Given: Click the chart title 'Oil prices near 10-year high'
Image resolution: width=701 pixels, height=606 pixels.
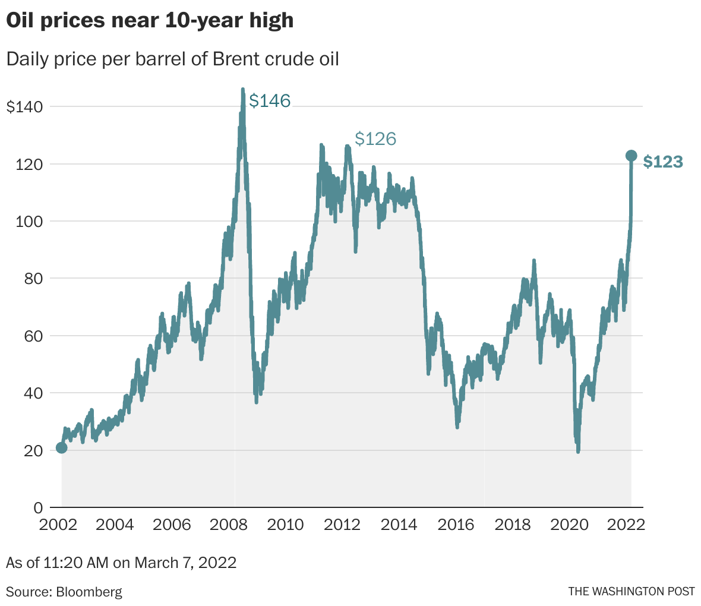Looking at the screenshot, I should coord(150,21).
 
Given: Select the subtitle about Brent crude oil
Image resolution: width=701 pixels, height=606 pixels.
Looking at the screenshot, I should coord(172,59).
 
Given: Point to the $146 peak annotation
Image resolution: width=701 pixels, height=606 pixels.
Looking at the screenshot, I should coord(270,101).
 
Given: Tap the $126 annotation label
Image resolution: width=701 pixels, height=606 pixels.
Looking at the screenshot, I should coord(375,139).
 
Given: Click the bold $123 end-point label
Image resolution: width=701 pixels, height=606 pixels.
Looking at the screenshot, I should coord(663,162).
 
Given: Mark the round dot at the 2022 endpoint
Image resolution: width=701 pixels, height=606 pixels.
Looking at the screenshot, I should coord(631,156).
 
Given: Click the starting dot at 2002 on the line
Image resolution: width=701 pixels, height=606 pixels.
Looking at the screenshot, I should coord(61,447).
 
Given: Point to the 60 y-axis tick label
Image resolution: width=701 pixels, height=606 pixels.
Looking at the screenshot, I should coord(34,336).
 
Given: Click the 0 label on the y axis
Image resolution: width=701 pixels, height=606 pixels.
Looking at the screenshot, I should coord(39,508).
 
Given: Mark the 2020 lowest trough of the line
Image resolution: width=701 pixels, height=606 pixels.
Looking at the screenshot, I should coord(578,452).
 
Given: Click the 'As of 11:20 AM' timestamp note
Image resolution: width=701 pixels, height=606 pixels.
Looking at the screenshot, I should coord(121,562).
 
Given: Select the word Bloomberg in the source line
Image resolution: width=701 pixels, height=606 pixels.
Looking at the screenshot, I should coord(89,592).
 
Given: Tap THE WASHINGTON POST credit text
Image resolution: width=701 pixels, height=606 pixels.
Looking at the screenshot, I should coord(631,591).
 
